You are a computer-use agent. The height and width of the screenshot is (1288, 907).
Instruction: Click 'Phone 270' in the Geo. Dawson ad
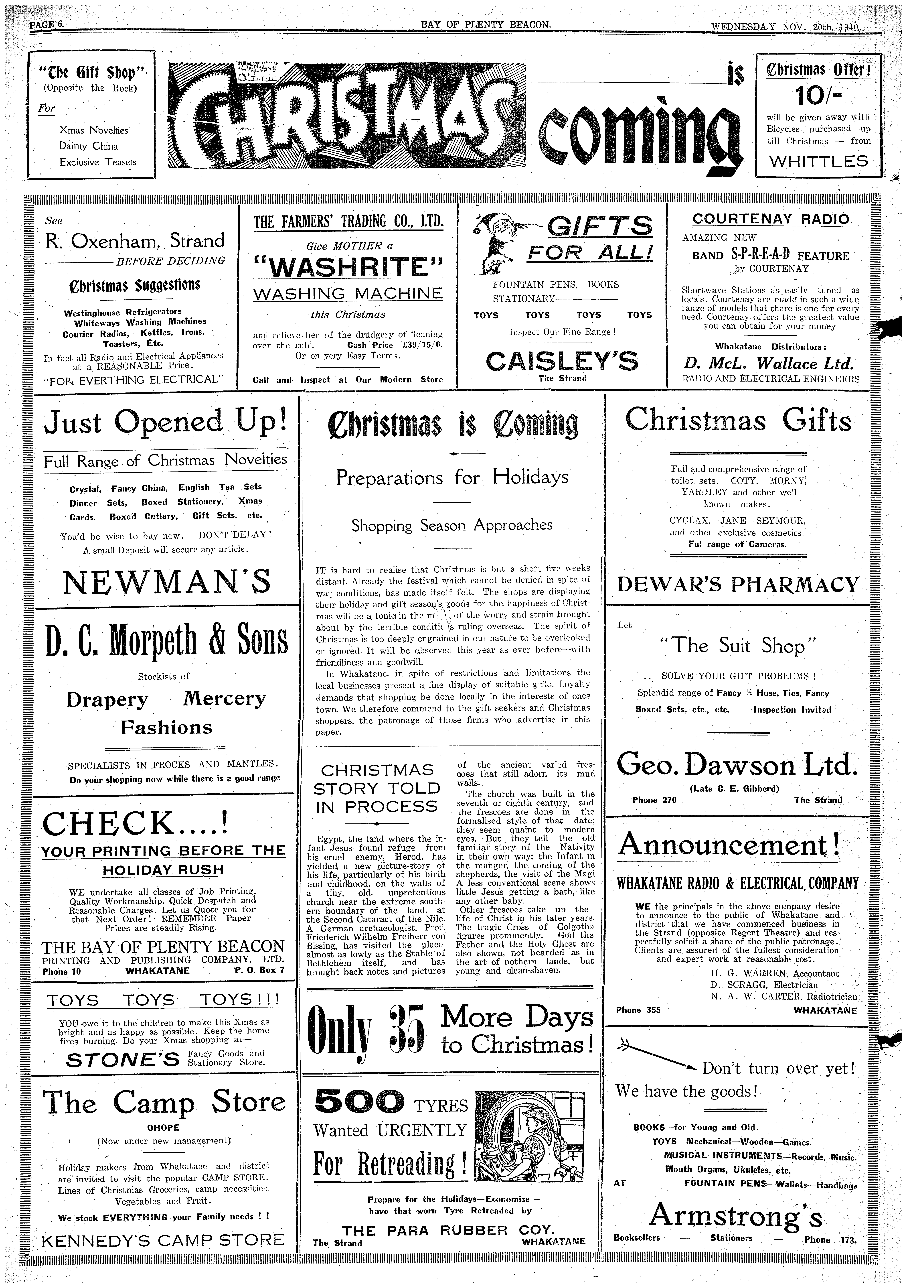pyautogui.click(x=654, y=800)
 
